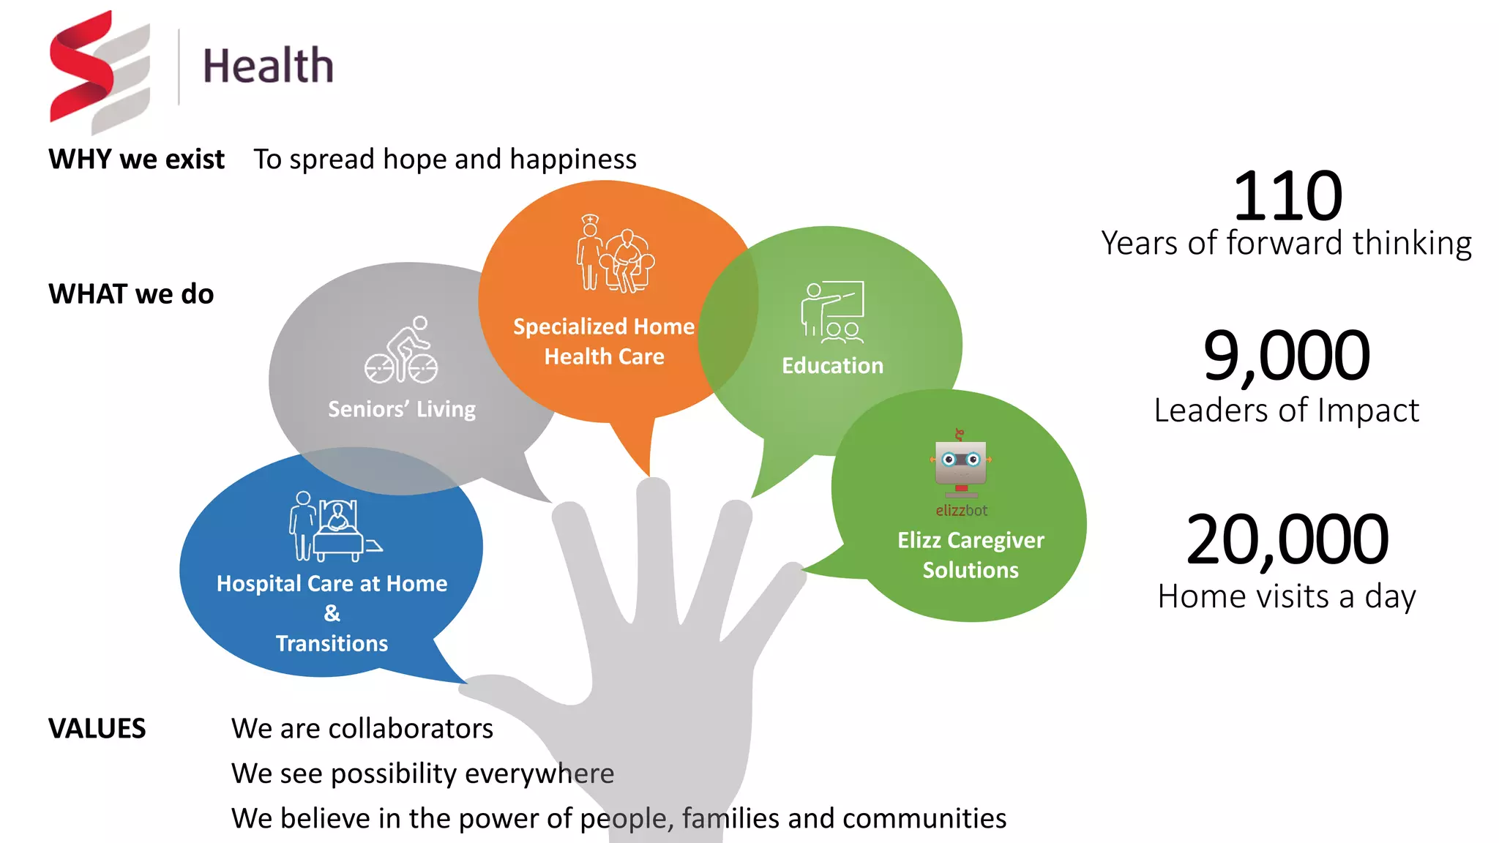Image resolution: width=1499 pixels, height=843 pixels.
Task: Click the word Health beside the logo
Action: coord(268,66)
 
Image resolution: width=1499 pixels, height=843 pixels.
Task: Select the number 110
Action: coord(1287,196)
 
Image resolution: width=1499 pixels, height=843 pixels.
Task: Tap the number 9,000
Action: coord(1286,356)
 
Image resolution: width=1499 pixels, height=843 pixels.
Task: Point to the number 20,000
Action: coord(1287,540)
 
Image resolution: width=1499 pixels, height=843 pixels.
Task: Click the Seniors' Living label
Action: coord(401,408)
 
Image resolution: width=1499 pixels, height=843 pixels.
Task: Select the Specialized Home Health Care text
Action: coord(604,341)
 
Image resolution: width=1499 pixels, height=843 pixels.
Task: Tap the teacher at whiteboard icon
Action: coord(832,312)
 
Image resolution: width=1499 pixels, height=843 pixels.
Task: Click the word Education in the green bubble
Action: coord(832,365)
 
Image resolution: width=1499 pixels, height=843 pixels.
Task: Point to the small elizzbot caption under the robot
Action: coord(961,511)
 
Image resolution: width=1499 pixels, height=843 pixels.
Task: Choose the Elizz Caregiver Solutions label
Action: coord(971,555)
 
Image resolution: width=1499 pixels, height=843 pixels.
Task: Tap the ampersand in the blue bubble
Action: coord(332,613)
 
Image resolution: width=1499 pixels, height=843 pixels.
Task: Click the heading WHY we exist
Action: coord(136,159)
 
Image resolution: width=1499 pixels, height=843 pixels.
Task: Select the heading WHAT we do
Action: coord(131,293)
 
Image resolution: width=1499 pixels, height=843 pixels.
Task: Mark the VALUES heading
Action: coord(97,728)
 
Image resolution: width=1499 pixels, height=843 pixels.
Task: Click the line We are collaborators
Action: coord(362,728)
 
